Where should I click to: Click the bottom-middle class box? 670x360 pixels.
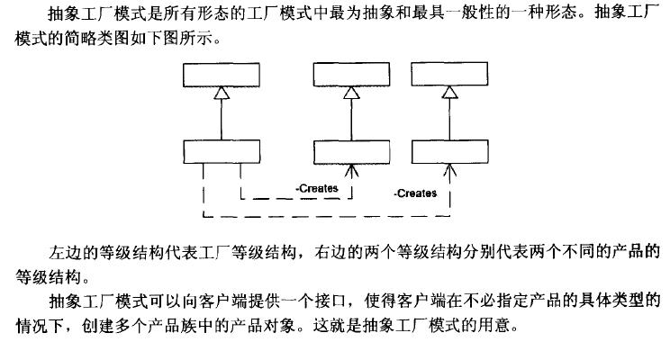click(x=346, y=152)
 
